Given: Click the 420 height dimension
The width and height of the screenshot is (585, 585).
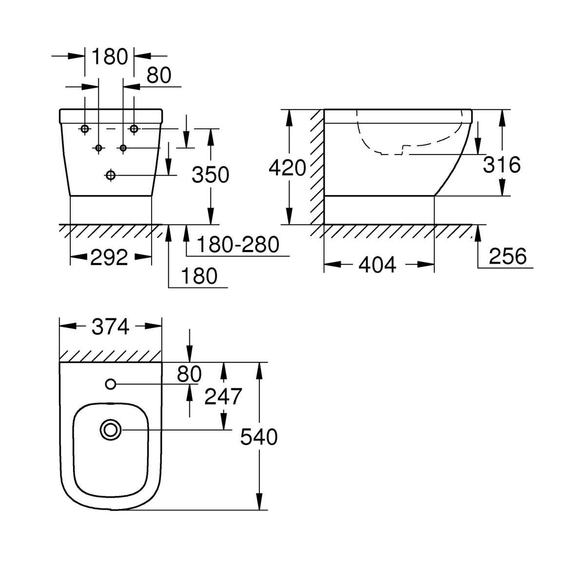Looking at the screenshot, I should click(287, 168).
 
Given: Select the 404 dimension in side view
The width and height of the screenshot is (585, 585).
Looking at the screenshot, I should click(377, 265).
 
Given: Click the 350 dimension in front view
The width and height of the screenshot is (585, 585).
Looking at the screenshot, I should click(210, 175).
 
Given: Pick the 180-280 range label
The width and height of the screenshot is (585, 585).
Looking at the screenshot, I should click(237, 245).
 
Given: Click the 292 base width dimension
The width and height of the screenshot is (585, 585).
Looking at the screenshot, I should click(109, 257).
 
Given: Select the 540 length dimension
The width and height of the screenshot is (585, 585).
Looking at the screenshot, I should click(259, 437).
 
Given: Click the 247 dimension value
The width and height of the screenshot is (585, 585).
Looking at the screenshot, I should click(223, 397).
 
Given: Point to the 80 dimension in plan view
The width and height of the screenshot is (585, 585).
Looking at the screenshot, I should click(190, 374).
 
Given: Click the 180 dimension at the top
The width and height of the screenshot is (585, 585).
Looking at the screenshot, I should click(109, 57).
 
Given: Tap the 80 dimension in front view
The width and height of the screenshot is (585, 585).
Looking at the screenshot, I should click(159, 76).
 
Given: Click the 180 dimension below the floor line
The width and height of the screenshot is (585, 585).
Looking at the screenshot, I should click(198, 276).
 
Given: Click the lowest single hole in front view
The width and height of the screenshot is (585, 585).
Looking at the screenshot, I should click(111, 175).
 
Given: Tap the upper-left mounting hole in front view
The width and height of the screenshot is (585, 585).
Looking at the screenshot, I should click(85, 129).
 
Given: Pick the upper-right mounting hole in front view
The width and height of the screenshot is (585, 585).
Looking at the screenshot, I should click(134, 129).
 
